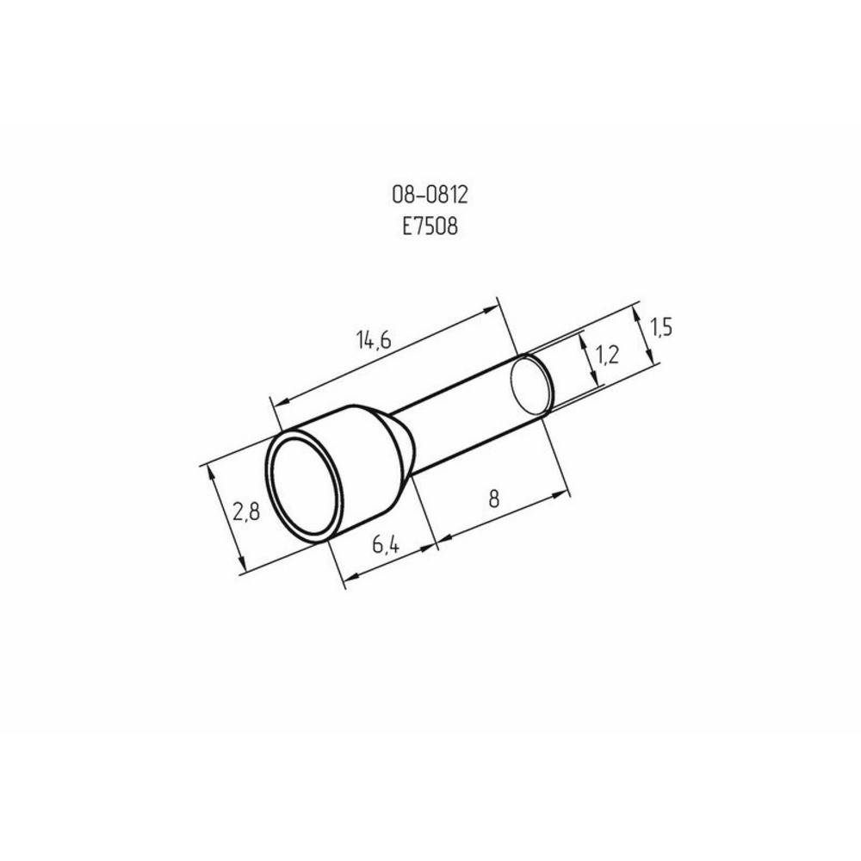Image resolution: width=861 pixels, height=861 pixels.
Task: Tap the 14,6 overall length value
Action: point(374,342)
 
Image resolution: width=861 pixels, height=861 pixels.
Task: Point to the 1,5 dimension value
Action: point(661,327)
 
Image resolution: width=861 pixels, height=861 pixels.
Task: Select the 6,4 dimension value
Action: point(390,545)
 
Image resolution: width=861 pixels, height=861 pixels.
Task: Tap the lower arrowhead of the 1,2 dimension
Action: point(593,381)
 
